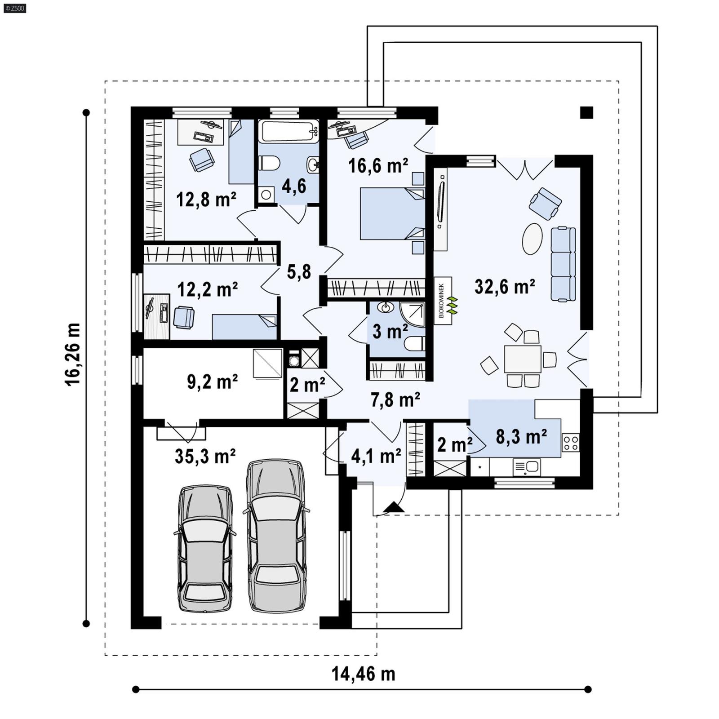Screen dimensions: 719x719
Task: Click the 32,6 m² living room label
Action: point(504,286)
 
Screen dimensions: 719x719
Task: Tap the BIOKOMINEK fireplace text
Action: point(441,300)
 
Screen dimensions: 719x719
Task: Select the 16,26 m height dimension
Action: point(72,354)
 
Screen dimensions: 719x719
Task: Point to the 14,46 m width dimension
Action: point(363,674)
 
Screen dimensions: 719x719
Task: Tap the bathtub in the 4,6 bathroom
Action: point(288,131)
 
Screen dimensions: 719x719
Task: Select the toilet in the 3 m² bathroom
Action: point(414,344)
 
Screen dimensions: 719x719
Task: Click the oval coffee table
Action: point(532,239)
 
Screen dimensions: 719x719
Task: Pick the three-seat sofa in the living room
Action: point(564,264)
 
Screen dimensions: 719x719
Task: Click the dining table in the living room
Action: point(522,358)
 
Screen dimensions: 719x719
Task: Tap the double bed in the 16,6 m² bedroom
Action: point(392,213)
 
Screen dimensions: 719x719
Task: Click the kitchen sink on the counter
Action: point(527,467)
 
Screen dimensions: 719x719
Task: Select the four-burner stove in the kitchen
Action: point(570,442)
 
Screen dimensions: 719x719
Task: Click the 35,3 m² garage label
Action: point(205,456)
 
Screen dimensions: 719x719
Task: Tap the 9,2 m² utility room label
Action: point(212,382)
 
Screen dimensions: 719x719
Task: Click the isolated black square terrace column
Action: point(586,112)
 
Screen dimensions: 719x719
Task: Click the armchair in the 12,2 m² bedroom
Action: point(183,317)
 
